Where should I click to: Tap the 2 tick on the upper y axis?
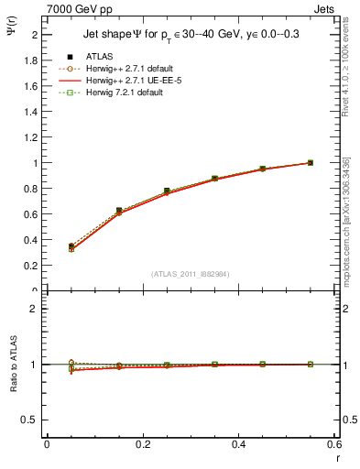click(x=34, y=35)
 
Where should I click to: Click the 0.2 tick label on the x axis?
click(x=142, y=444)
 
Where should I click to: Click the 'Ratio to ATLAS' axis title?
click(x=12, y=364)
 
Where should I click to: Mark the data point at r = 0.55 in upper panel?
click(x=311, y=163)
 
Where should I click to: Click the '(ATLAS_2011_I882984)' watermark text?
click(x=190, y=273)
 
